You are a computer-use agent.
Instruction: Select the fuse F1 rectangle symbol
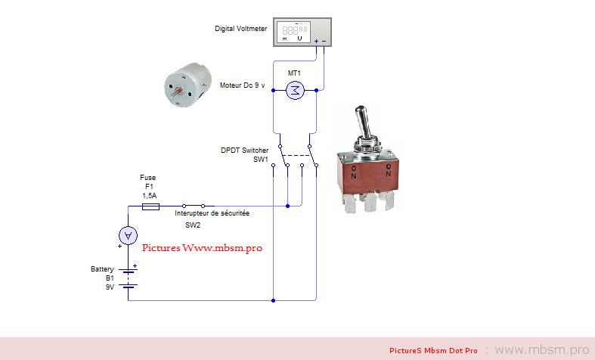tap(150, 206)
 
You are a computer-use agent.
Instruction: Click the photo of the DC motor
tap(186, 86)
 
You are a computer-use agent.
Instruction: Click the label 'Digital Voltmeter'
tap(241, 29)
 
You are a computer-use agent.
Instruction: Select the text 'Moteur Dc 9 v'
tap(243, 86)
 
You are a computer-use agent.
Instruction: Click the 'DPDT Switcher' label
tap(244, 151)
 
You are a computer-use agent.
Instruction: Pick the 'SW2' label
tap(194, 225)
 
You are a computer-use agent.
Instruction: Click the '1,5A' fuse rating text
tap(150, 195)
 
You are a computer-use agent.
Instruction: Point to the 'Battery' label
tap(102, 269)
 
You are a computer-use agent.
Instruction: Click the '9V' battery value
tap(109, 287)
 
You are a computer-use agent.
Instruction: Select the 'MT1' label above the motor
tap(294, 73)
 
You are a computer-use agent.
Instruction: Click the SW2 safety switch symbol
tap(198, 205)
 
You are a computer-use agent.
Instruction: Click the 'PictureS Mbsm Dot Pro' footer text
tap(434, 351)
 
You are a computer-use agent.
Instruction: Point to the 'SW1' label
tap(260, 160)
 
